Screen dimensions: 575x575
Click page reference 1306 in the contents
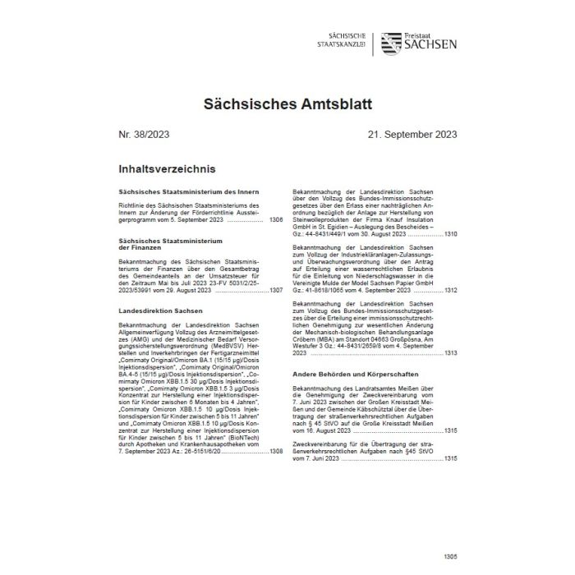275,221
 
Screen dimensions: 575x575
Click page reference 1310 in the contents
450,234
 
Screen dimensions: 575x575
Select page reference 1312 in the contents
450,290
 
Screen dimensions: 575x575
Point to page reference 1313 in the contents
450,352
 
